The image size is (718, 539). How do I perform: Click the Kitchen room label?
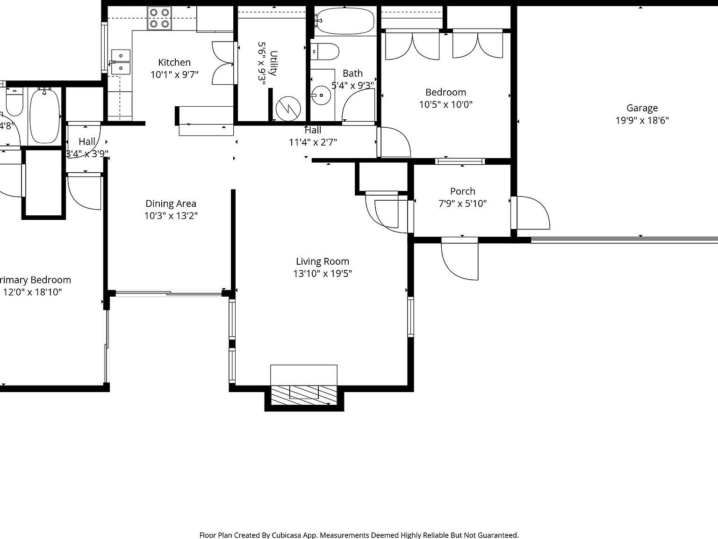(x=174, y=62)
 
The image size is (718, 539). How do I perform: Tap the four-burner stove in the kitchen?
(x=159, y=18)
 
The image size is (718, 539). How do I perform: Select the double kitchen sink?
(x=121, y=62)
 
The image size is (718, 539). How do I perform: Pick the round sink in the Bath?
(x=321, y=95)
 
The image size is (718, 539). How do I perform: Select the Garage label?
(x=642, y=108)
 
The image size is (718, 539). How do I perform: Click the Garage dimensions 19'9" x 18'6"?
(x=642, y=120)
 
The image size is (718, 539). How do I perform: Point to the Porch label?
(x=462, y=191)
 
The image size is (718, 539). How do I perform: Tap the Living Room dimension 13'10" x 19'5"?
(x=323, y=274)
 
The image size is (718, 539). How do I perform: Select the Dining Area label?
(x=171, y=204)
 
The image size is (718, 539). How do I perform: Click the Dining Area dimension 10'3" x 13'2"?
(x=171, y=216)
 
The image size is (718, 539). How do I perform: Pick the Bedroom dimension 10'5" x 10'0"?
(x=445, y=104)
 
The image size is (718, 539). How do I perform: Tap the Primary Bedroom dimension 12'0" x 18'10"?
(x=32, y=292)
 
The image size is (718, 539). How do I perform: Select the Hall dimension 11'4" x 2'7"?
(x=313, y=142)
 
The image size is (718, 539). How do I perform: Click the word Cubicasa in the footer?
(x=289, y=535)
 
